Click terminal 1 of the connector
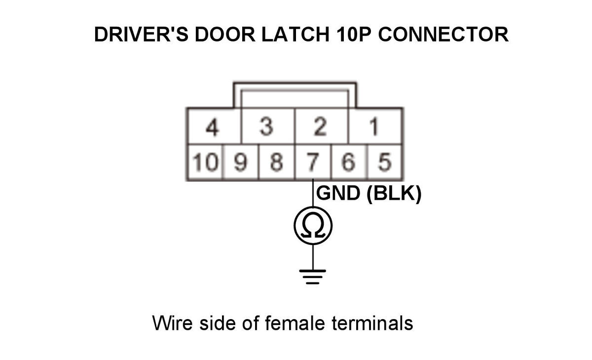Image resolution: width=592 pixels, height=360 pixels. [x=375, y=127]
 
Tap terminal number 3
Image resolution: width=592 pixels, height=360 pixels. [x=267, y=127]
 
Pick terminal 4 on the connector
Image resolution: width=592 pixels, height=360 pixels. [x=213, y=127]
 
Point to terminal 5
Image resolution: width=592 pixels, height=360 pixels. [x=385, y=162]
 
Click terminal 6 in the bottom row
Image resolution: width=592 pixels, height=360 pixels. [x=349, y=162]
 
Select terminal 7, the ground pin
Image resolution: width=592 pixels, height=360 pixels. [x=313, y=162]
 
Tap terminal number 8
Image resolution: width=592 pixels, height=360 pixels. [x=277, y=162]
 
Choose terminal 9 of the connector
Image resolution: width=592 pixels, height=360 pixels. [x=241, y=162]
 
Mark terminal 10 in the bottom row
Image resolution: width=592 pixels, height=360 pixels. [x=204, y=162]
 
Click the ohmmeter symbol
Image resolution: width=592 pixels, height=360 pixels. [x=313, y=226]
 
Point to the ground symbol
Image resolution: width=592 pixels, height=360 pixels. [x=313, y=276]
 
